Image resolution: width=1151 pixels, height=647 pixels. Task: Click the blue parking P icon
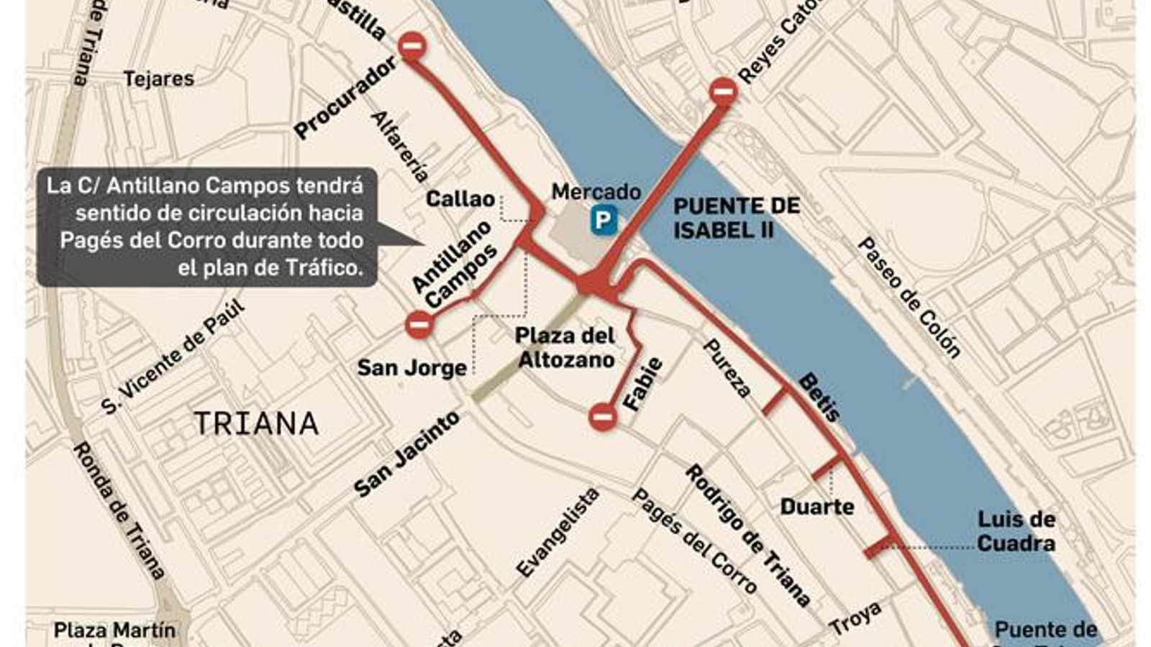603,221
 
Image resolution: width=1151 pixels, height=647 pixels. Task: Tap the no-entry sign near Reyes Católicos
723,91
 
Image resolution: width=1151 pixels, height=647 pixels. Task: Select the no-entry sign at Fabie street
602,416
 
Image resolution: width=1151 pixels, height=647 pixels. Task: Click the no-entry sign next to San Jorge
419,324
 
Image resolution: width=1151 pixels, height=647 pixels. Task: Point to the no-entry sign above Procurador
412,47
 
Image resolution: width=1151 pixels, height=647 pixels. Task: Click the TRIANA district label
256,424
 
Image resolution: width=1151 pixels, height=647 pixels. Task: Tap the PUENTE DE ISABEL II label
736,218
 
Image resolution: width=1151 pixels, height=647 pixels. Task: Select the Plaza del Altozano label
565,347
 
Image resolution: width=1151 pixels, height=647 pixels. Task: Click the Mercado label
596,192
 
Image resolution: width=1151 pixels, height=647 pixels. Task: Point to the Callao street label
460,199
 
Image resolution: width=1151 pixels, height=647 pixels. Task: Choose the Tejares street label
159,78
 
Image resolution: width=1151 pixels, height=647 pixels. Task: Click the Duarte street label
817,507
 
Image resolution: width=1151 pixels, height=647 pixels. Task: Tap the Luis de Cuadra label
1016,531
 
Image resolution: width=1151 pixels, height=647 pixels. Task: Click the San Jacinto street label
406,454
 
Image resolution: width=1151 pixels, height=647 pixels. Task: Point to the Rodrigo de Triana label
747,535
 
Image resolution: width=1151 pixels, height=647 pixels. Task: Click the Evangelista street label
558,533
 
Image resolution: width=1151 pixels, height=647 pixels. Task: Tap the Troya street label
855,618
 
